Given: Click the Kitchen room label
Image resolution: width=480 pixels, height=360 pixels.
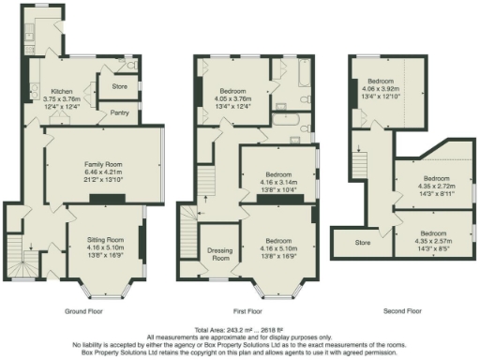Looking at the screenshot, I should click(49, 92).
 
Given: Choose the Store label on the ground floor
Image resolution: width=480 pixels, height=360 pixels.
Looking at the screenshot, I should click(119, 87).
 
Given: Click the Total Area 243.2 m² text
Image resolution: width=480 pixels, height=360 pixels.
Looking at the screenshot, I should click(239, 329).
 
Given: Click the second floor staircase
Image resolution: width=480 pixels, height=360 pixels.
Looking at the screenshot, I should click(357, 166).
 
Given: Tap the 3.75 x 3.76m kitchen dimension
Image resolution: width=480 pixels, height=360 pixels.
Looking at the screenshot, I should click(49, 100).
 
